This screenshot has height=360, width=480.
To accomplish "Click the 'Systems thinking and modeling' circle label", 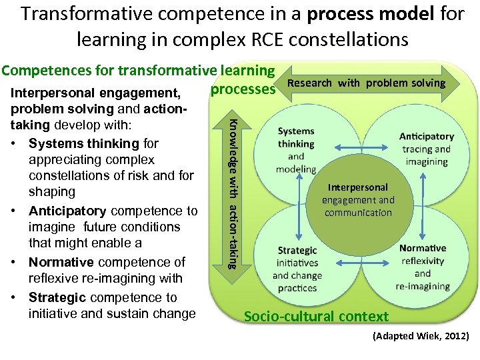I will tap(296, 150).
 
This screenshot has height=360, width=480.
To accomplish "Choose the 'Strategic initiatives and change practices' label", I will tap(297, 269).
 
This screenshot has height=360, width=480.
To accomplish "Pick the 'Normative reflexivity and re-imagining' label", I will tap(423, 267).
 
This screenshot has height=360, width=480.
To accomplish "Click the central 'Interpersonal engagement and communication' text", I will tap(358, 200).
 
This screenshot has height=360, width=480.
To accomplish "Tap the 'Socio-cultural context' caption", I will tap(316, 316).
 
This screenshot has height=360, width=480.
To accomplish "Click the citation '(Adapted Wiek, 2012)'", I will tap(421, 336).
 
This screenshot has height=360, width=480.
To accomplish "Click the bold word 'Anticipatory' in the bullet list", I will tap(67, 211).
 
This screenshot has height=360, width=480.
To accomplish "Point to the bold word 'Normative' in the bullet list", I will tap(61, 262).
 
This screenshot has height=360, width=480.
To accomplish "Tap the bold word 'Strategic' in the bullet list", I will tap(58, 297).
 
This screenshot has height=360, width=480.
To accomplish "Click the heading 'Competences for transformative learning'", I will tap(138, 70).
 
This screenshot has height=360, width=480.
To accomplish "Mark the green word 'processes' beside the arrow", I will tap(243, 89).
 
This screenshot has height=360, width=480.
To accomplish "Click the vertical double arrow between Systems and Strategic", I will tap(299, 209).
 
